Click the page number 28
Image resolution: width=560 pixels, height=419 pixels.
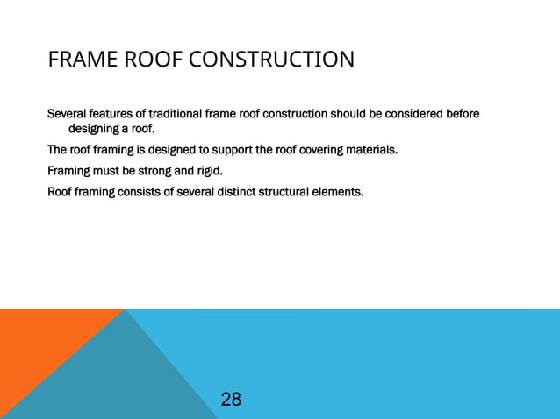231,400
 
